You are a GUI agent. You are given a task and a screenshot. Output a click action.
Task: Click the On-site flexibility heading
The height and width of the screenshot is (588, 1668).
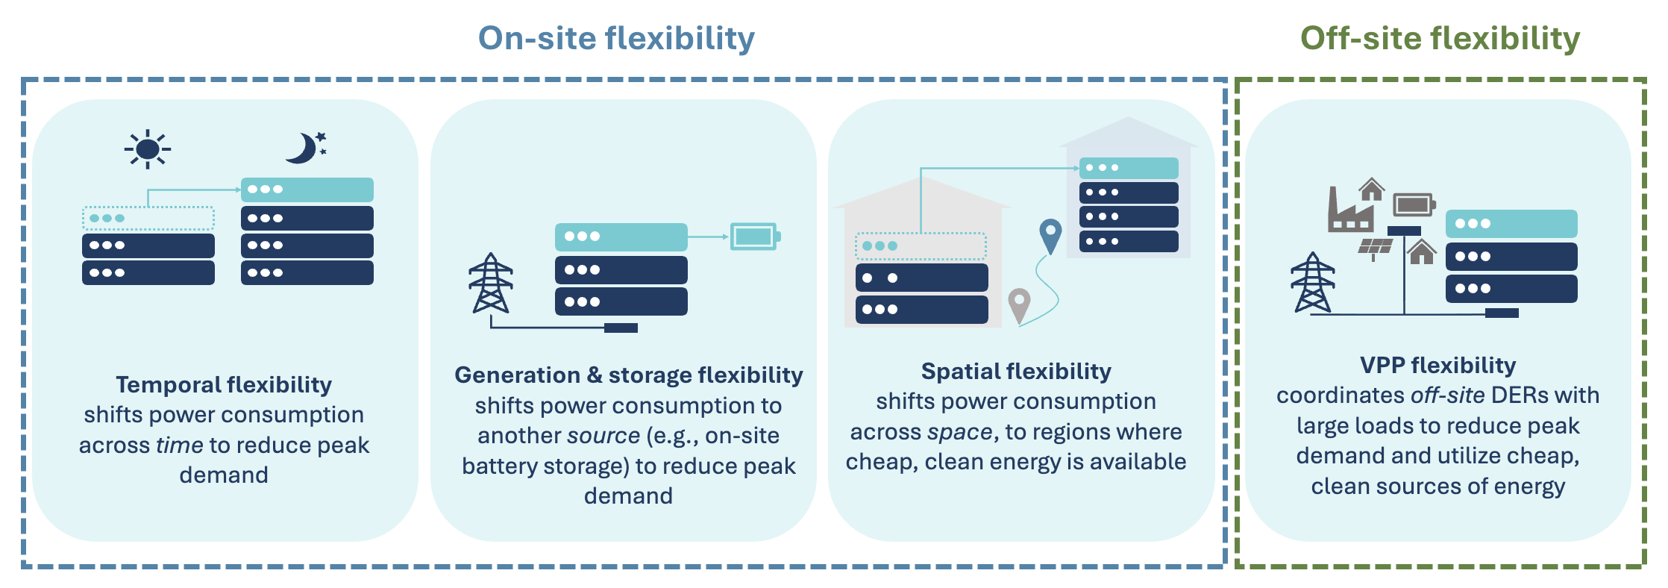tap(616, 39)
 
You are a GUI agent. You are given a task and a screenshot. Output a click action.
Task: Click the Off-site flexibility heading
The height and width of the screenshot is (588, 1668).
tap(1440, 39)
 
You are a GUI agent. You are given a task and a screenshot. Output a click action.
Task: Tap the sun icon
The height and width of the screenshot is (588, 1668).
tap(148, 149)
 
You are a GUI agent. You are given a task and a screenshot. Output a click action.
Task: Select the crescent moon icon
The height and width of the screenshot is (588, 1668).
tap(304, 148)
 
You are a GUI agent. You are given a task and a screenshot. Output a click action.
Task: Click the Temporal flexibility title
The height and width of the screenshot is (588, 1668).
tap(224, 384)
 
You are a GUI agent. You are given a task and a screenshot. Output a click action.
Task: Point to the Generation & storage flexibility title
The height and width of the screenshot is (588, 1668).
tap(628, 375)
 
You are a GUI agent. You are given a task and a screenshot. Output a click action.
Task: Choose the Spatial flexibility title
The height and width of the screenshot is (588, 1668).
tap(1016, 371)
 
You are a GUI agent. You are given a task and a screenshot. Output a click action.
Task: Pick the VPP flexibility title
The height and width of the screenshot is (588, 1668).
tap(1437, 365)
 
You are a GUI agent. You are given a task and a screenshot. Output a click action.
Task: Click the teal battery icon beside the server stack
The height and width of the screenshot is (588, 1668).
tap(754, 237)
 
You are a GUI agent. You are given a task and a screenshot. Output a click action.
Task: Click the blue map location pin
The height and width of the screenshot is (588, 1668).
tap(1050, 234)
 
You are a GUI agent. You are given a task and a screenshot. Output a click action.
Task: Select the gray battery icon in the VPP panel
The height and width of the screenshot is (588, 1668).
tap(1414, 204)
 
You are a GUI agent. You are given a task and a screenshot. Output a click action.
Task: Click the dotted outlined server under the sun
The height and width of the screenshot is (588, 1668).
tap(148, 219)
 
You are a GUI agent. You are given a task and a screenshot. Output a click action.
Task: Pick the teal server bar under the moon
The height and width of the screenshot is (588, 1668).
tap(307, 190)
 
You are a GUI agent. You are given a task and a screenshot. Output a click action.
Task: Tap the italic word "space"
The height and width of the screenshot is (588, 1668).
tap(959, 431)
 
